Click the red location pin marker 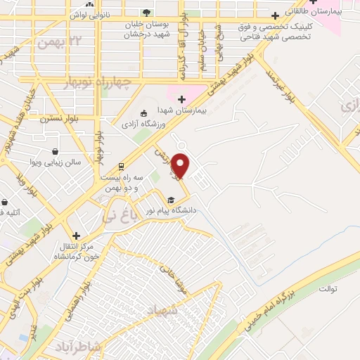tap(181, 165)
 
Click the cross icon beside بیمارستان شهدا tap(181, 100)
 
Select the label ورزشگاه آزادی tap(167, 124)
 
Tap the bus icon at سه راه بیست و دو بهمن tap(121, 167)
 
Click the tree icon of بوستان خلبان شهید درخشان tap(146, 12)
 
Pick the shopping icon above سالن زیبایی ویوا tap(54, 150)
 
